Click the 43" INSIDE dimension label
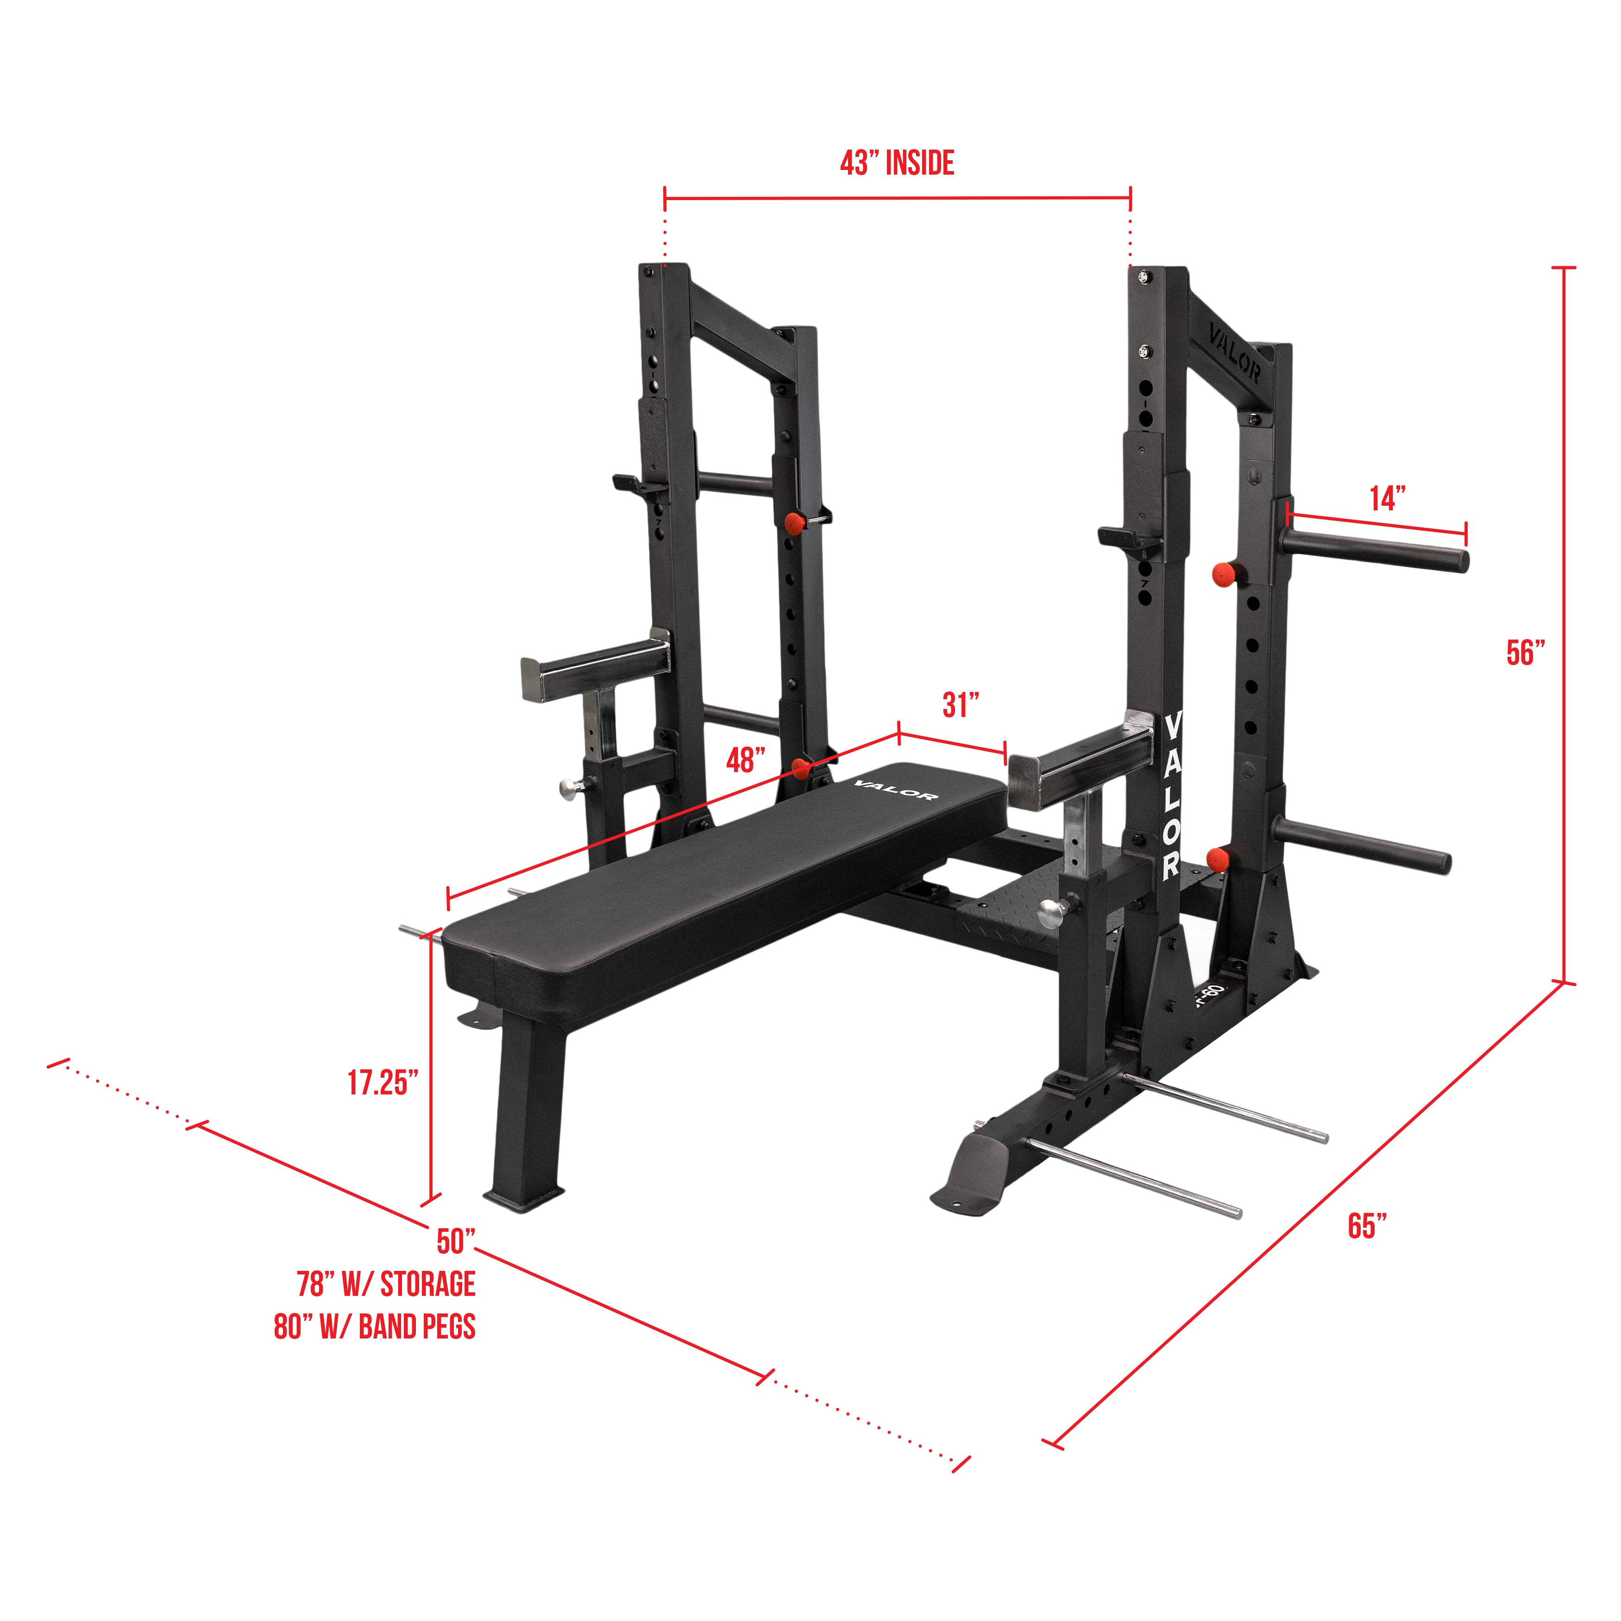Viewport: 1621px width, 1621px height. pos(897,163)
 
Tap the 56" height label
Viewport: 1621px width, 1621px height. pos(1525,653)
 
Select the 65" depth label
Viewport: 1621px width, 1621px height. pos(1368,1226)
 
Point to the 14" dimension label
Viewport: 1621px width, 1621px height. pos(1388,498)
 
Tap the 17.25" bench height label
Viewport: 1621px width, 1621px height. pos(383,1082)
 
